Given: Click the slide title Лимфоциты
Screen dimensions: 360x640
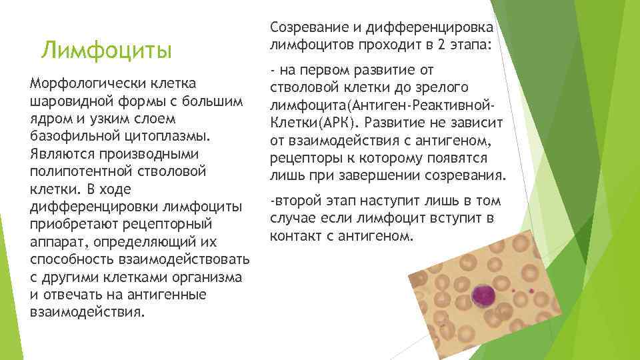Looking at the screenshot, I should [x=106, y=51].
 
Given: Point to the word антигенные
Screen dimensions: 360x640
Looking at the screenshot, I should [x=153, y=293].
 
